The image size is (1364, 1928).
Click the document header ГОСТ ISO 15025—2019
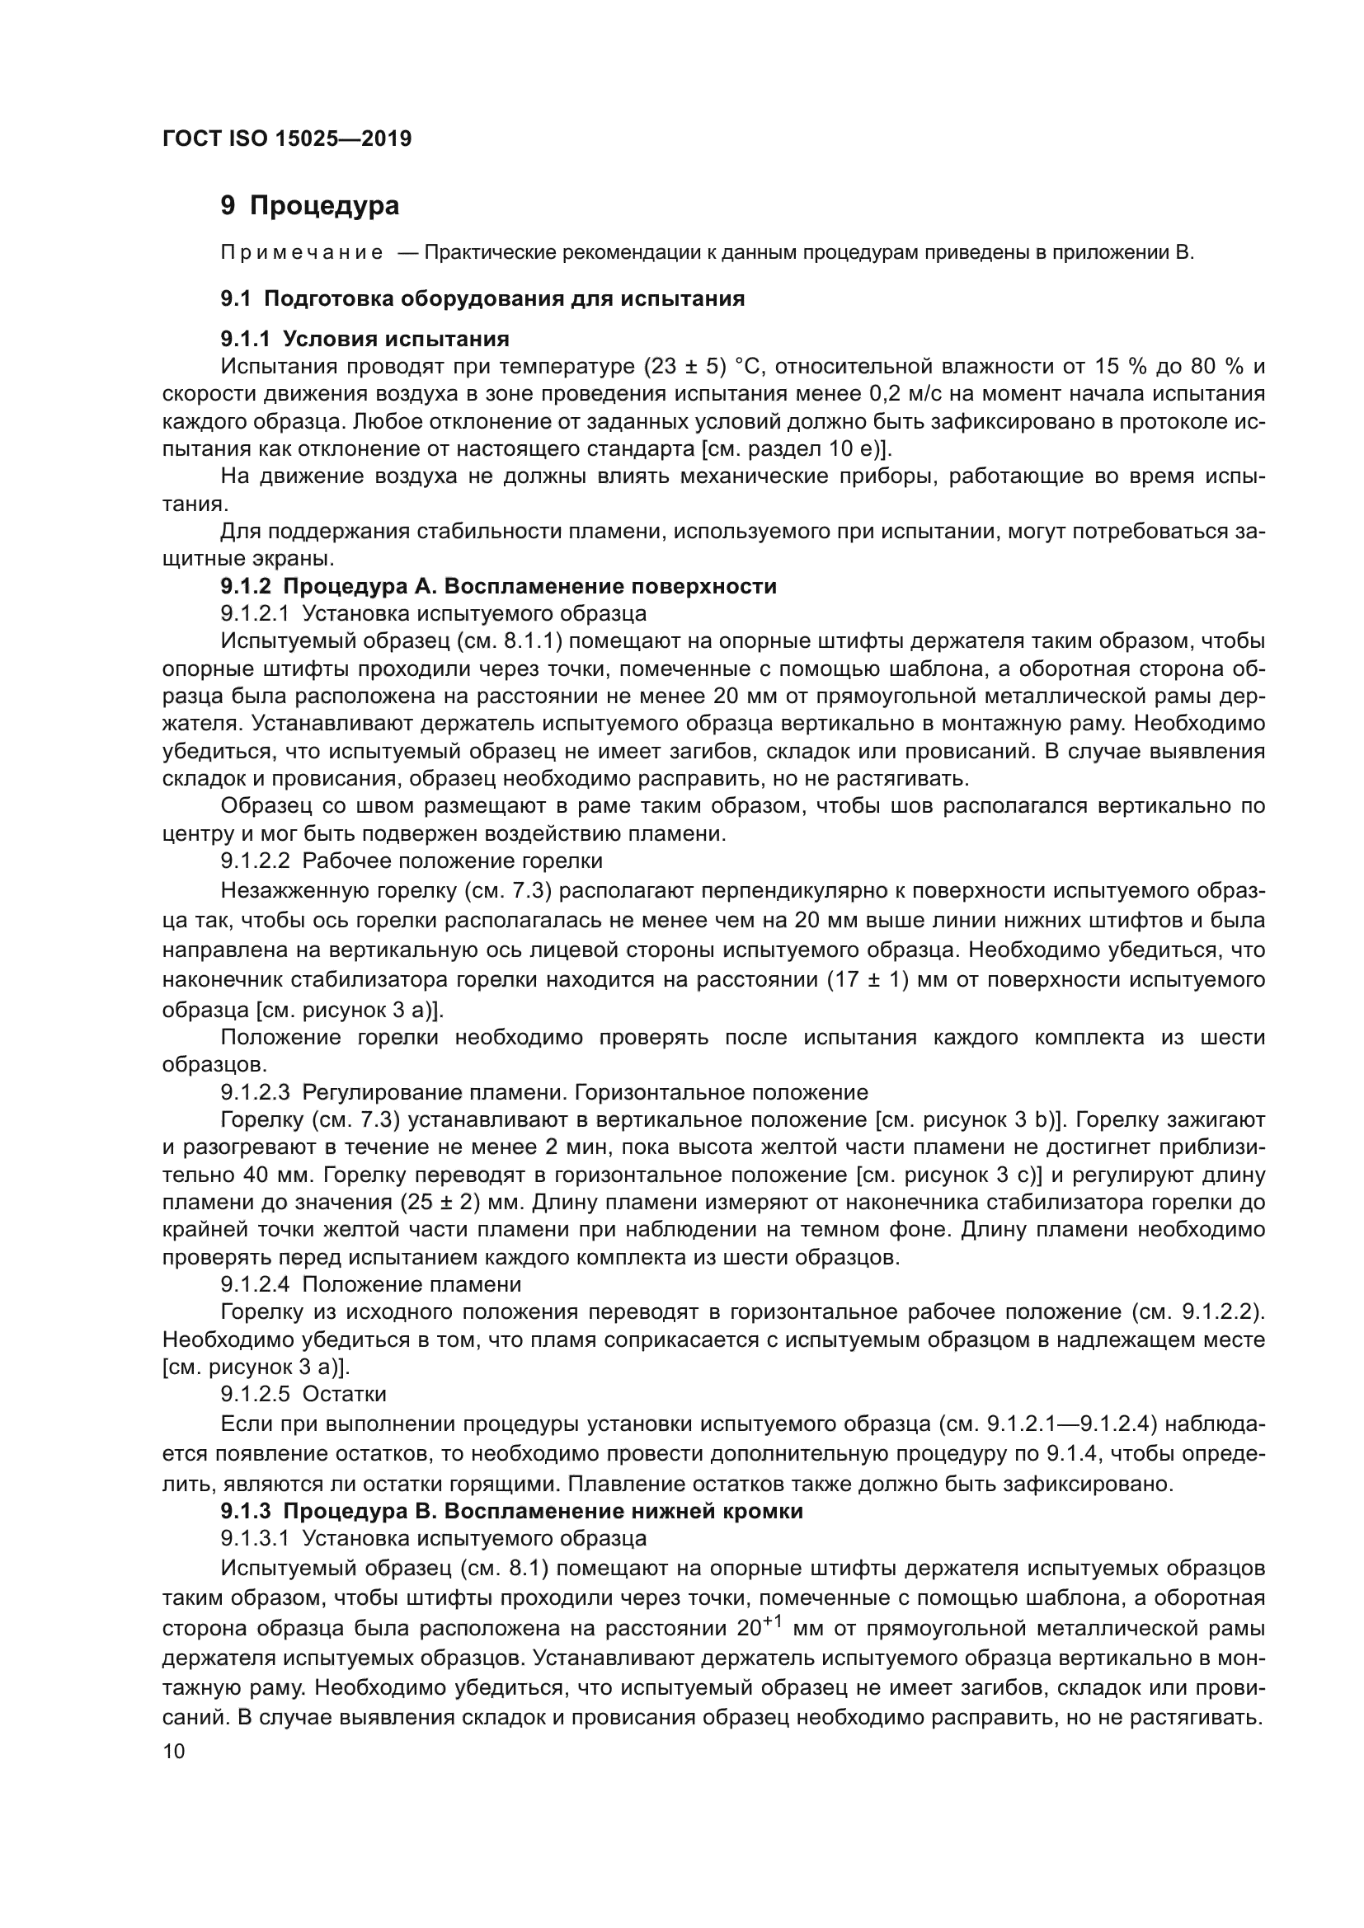tap(286, 138)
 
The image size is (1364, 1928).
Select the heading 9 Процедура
tap(309, 205)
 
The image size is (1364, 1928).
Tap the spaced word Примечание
tap(302, 253)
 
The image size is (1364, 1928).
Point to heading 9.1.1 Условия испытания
tap(365, 339)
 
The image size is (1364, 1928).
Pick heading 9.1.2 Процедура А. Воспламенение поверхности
tap(498, 586)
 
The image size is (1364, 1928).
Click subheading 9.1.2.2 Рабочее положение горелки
tap(412, 861)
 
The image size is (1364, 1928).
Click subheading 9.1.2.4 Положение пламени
tap(370, 1284)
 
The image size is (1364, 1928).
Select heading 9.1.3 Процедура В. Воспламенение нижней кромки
tap(511, 1511)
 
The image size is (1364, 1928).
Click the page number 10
tap(174, 1751)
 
